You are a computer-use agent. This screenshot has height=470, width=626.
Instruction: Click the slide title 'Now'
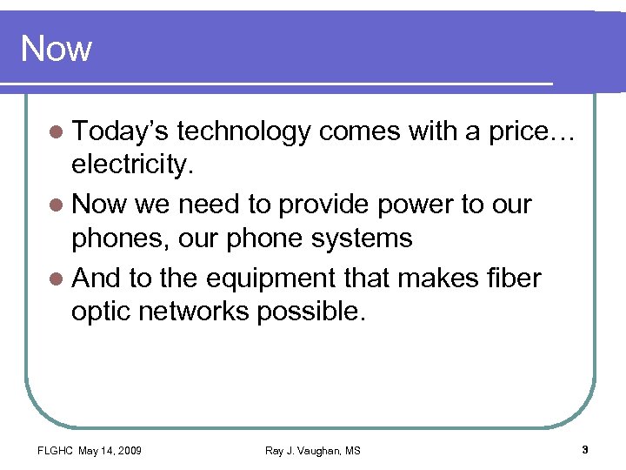(x=56, y=48)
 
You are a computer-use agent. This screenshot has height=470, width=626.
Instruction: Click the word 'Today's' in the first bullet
(x=121, y=131)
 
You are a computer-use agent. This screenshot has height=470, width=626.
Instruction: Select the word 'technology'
(x=243, y=131)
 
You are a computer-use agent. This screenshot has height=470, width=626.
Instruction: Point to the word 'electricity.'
(x=131, y=164)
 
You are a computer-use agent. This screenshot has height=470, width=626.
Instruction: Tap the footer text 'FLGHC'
(x=54, y=450)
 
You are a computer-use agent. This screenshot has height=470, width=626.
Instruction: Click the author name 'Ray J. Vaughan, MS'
(x=313, y=450)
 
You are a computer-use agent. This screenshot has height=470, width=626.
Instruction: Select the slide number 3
(x=585, y=450)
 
